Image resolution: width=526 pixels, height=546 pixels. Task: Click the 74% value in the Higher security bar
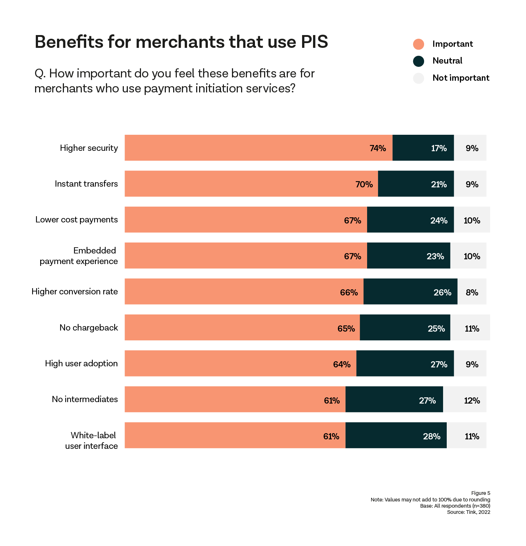click(378, 148)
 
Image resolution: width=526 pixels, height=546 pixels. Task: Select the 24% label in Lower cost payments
click(439, 220)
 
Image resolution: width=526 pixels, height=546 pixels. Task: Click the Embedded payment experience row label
click(79, 256)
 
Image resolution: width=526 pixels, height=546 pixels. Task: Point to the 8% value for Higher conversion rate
click(472, 292)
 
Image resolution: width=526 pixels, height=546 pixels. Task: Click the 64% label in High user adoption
click(342, 364)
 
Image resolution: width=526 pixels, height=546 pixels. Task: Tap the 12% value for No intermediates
click(472, 400)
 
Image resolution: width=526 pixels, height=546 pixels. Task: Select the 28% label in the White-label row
click(431, 436)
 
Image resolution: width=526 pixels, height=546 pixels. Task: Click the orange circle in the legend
click(419, 44)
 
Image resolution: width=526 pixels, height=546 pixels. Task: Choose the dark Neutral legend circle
click(419, 61)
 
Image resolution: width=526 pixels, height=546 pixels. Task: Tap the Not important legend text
click(461, 78)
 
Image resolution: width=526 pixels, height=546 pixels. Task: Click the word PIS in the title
click(314, 42)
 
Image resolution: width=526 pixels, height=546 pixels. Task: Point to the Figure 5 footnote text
click(480, 493)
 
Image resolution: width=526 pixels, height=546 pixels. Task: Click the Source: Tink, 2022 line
click(468, 512)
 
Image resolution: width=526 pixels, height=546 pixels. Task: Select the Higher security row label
click(89, 148)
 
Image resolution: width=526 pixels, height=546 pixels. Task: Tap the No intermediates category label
click(85, 399)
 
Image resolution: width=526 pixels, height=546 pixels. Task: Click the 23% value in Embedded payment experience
click(435, 256)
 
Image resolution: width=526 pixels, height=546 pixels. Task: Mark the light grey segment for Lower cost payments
click(472, 219)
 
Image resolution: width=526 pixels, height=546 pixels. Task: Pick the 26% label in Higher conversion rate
click(442, 292)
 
